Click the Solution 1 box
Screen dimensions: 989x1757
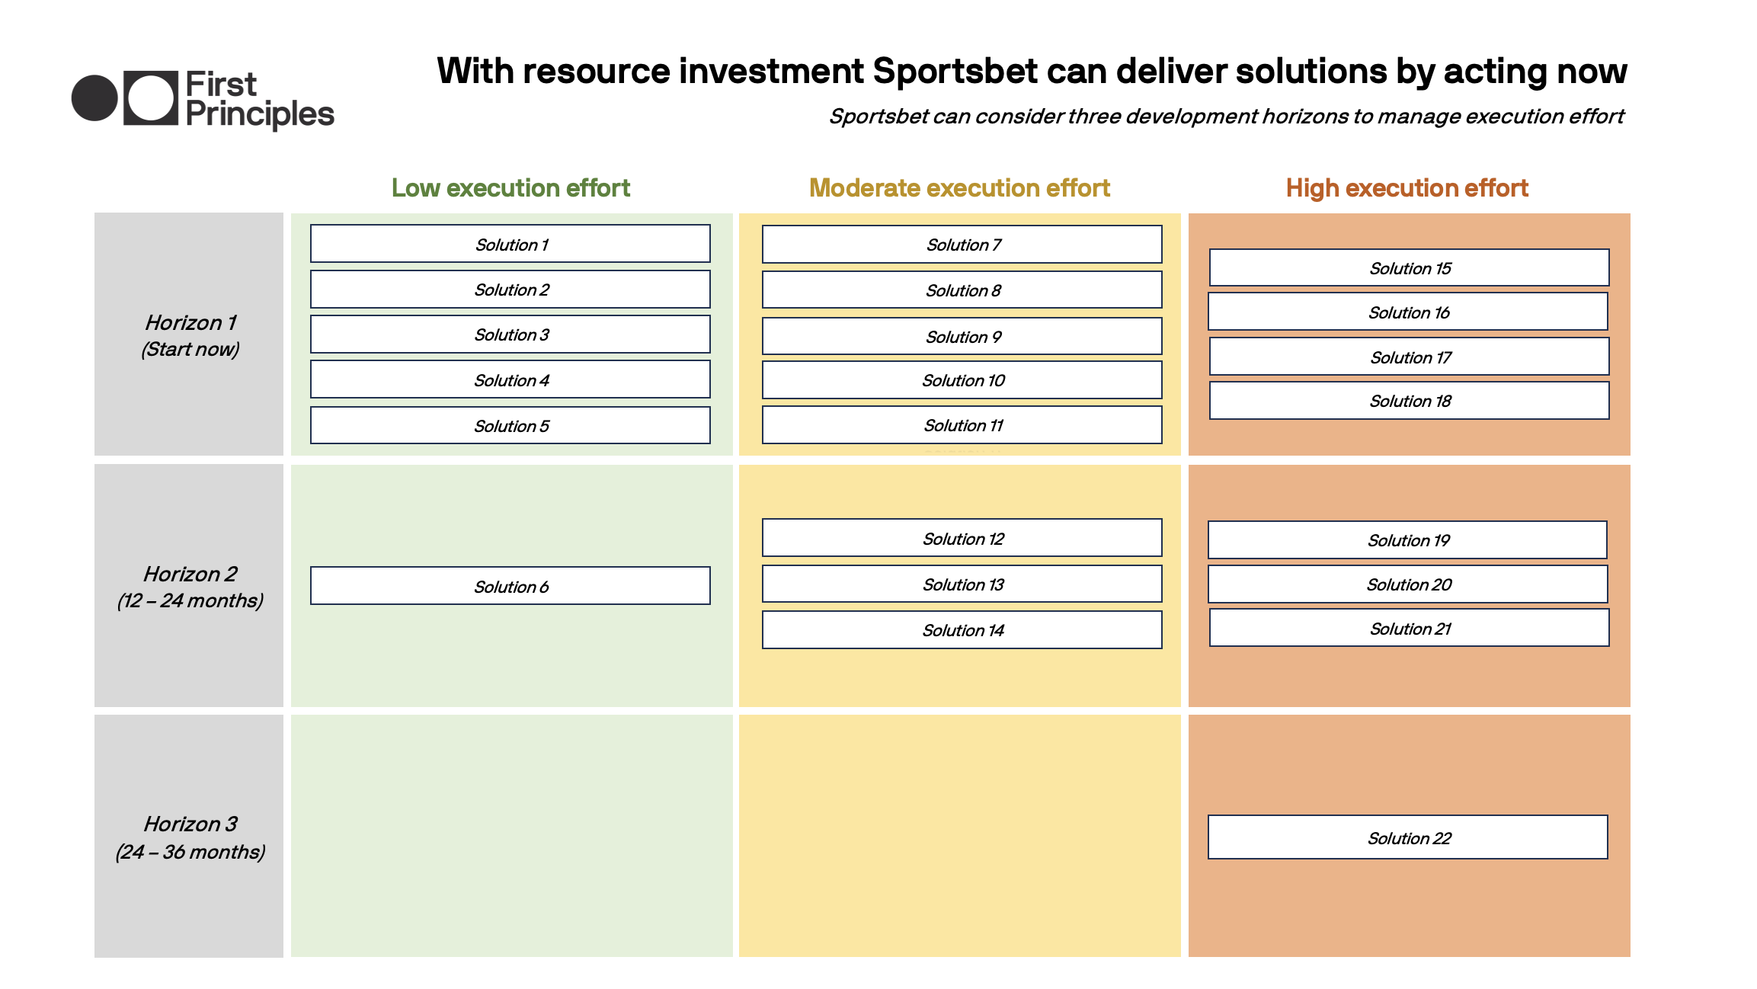coord(510,244)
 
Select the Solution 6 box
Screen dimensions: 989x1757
coord(510,586)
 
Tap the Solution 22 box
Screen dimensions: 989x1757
coord(1408,837)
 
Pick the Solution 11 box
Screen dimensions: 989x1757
coord(962,425)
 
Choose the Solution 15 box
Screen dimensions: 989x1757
coord(1410,268)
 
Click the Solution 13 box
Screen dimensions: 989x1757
coord(962,584)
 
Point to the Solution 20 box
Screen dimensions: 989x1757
coord(1408,584)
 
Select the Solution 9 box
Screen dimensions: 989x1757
coord(962,337)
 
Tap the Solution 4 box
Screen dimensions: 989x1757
coord(510,379)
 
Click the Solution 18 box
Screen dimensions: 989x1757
coord(1410,401)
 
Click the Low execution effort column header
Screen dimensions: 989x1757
coord(510,188)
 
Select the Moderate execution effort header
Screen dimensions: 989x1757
coord(959,188)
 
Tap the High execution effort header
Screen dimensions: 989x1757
coord(1407,188)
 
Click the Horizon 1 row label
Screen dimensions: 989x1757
coord(190,323)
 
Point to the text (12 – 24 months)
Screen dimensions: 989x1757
coord(190,601)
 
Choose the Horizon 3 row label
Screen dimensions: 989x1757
coord(190,824)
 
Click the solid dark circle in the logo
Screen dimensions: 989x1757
coord(94,98)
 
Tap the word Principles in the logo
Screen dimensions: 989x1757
coord(260,115)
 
